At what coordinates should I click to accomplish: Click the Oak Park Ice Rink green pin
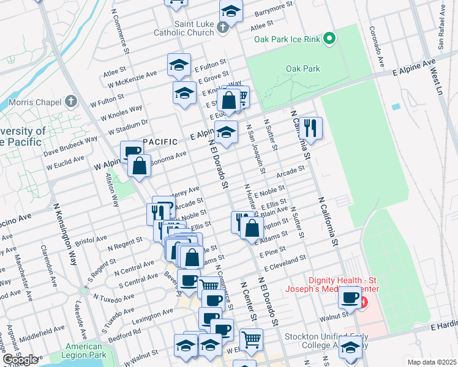[x=329, y=39]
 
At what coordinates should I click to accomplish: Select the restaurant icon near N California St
[x=311, y=128]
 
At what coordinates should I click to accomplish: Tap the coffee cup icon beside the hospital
[x=350, y=297]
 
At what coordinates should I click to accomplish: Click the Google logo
[x=21, y=359]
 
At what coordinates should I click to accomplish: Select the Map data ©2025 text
[x=432, y=362]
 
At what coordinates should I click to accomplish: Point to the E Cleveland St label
[x=285, y=264]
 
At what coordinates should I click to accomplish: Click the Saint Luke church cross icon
[x=223, y=26]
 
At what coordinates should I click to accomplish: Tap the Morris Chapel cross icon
[x=72, y=101]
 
